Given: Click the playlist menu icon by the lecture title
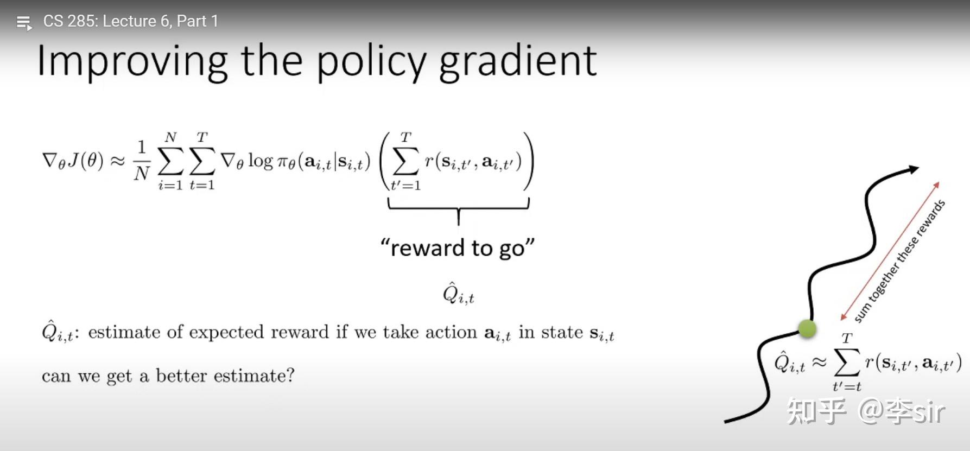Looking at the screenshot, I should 24,23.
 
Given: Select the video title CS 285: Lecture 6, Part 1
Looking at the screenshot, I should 130,21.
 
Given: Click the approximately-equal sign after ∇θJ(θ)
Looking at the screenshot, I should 118,161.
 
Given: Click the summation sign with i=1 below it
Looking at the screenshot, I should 170,161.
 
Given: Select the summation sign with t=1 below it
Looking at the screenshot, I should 201,161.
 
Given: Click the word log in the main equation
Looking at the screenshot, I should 261,161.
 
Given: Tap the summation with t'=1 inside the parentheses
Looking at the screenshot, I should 405,161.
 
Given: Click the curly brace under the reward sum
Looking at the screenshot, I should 459,209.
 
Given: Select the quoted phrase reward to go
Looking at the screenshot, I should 458,248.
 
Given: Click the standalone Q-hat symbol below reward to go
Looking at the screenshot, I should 458,294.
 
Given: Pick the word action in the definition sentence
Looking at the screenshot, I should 451,332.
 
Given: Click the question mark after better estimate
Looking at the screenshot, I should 290,376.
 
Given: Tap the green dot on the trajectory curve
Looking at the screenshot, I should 807,328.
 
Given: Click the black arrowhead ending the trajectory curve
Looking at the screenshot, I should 913,169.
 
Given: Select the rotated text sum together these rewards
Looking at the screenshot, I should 900,261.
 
